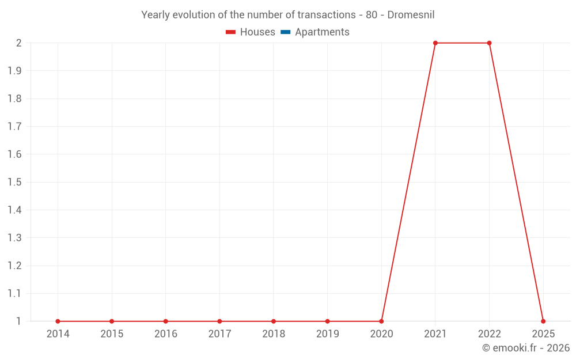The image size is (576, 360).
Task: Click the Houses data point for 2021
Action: (435, 43)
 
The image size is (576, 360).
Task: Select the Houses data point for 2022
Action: (489, 43)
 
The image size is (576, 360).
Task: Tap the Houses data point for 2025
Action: (543, 321)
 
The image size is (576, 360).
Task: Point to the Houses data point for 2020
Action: (381, 321)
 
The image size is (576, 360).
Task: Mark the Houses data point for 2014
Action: (58, 321)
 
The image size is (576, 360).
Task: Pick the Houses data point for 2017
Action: (219, 321)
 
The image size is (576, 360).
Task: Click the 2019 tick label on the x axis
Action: (327, 334)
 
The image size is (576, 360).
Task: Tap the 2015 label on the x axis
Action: (112, 334)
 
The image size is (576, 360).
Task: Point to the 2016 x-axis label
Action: (165, 334)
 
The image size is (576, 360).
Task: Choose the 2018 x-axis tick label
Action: (274, 334)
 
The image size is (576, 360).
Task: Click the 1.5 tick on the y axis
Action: (15, 183)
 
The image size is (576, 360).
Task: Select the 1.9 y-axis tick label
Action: (15, 71)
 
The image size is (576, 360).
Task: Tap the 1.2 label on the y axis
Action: (15, 266)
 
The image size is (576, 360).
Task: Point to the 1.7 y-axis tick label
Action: (15, 127)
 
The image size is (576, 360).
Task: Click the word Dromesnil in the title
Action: (411, 15)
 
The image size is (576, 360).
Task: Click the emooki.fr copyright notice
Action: (526, 348)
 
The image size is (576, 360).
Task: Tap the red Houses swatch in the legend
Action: (230, 32)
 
